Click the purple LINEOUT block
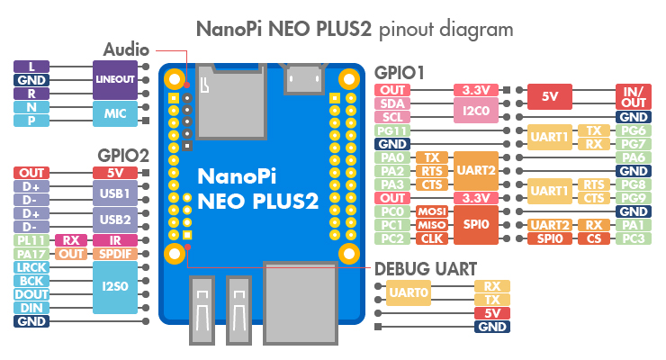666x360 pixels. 115,80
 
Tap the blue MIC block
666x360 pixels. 115,113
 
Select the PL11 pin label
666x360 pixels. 31,240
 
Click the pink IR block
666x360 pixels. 115,240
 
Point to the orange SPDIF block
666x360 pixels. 115,254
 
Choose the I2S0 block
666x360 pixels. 115,287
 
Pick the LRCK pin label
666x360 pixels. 31,267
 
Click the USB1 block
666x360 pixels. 115,193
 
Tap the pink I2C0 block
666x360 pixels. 476,111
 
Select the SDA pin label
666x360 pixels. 392,103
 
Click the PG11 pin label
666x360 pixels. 392,130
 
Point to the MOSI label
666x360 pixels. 431,211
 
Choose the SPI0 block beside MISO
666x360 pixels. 476,225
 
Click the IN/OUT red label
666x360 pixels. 634,97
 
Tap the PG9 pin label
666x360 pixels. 634,198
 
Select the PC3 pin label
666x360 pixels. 634,238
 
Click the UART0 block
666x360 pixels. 409,292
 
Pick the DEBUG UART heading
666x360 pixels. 426,269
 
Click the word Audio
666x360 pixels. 126,49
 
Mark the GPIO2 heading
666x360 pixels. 123,156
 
